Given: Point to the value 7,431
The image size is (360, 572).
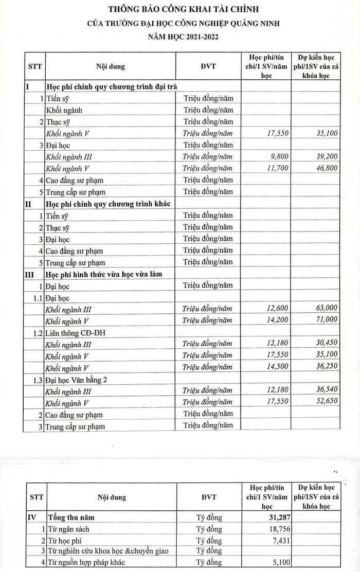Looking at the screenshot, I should click(x=279, y=540).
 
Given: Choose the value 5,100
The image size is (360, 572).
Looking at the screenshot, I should click(x=279, y=562).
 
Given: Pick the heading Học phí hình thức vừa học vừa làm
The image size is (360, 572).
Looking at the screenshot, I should click(x=104, y=274).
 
